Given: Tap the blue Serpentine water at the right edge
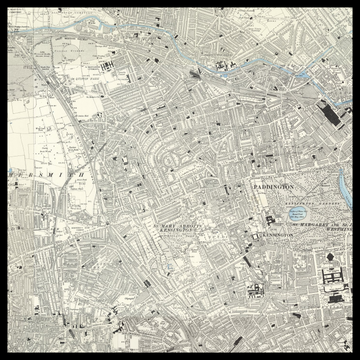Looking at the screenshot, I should [345, 214].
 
